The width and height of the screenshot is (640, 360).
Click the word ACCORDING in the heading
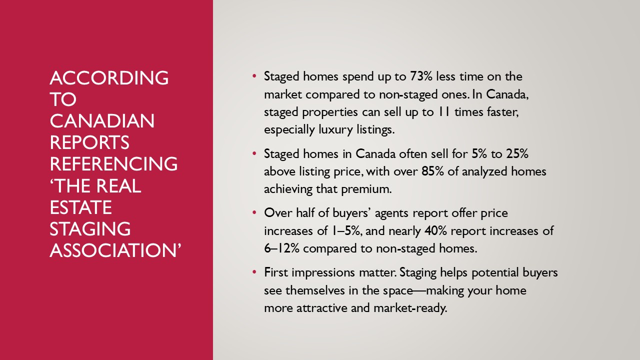tap(109, 77)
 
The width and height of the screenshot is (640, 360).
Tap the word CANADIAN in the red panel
tap(102, 121)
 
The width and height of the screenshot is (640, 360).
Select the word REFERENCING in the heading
tap(113, 164)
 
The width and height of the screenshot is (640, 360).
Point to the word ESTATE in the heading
tap(80, 207)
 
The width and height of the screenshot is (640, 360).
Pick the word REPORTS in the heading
tap(89, 142)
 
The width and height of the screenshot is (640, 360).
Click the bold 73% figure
tap(421, 76)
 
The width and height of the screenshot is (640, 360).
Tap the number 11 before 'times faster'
tap(444, 111)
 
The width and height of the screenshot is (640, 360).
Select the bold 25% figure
tap(517, 153)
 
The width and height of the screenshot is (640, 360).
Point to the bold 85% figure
tap(432, 171)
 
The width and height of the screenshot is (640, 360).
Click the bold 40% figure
tap(435, 230)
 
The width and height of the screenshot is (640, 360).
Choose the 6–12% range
tap(281, 248)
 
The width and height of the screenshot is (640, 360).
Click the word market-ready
tap(410, 308)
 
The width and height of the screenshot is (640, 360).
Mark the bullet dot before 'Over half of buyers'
tap(254, 213)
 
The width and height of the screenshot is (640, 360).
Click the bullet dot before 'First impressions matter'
tap(254, 272)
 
